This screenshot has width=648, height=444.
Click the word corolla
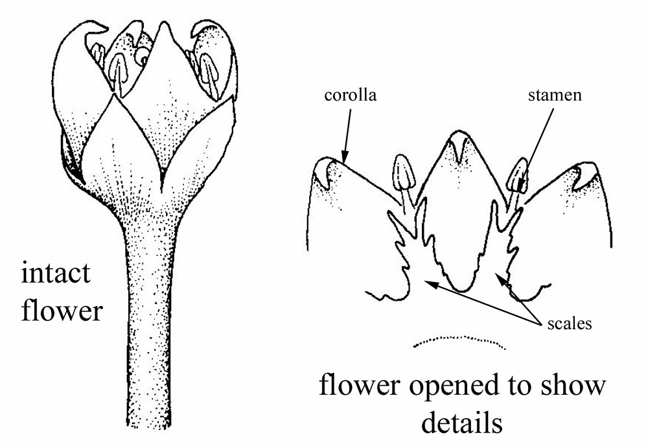(x=351, y=96)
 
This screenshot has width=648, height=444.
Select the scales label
(x=569, y=323)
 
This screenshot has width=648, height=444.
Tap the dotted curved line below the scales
(x=460, y=340)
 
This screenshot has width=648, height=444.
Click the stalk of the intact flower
(x=150, y=324)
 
